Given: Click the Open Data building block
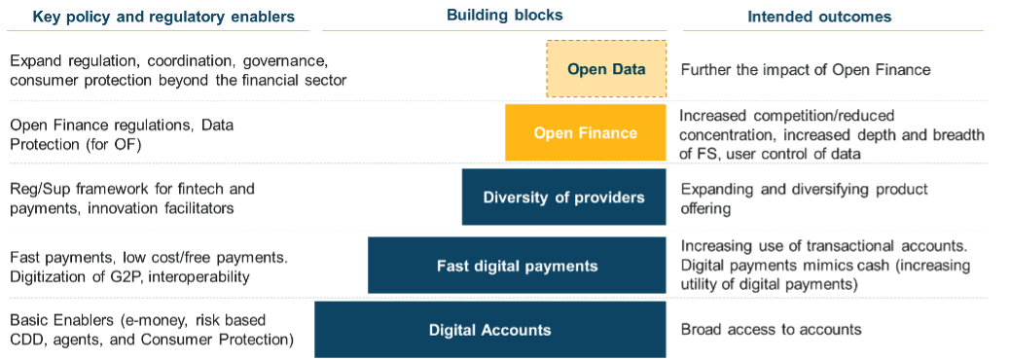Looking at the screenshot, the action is click(606, 69).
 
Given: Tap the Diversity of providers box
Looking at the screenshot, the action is click(563, 198).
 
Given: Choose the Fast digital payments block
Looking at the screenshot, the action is click(517, 265).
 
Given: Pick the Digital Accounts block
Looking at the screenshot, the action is click(489, 330).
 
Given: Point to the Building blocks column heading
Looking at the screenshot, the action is click(505, 17).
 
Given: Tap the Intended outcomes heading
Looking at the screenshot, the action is click(819, 18).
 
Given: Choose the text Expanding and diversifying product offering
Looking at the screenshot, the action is click(805, 198).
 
